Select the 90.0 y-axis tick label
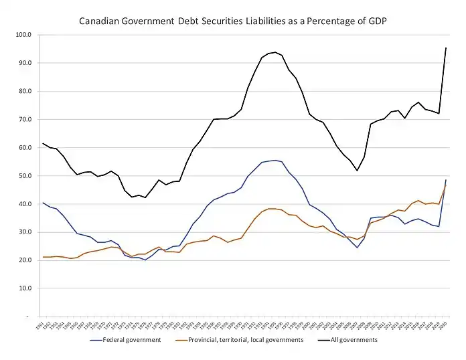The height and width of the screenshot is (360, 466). point(25,63)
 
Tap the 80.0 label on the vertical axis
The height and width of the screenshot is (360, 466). point(25,91)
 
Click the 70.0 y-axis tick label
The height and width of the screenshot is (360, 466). point(25,119)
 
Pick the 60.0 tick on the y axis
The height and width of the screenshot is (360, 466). point(25,147)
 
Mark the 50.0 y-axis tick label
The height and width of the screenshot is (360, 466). point(25,175)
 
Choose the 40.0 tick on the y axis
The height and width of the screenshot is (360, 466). point(25,203)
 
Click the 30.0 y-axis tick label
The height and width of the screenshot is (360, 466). point(25,232)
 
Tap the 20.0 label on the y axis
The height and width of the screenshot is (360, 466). point(25,260)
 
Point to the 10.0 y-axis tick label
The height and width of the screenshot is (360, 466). point(25,288)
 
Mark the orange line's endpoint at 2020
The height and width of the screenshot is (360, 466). point(447,185)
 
